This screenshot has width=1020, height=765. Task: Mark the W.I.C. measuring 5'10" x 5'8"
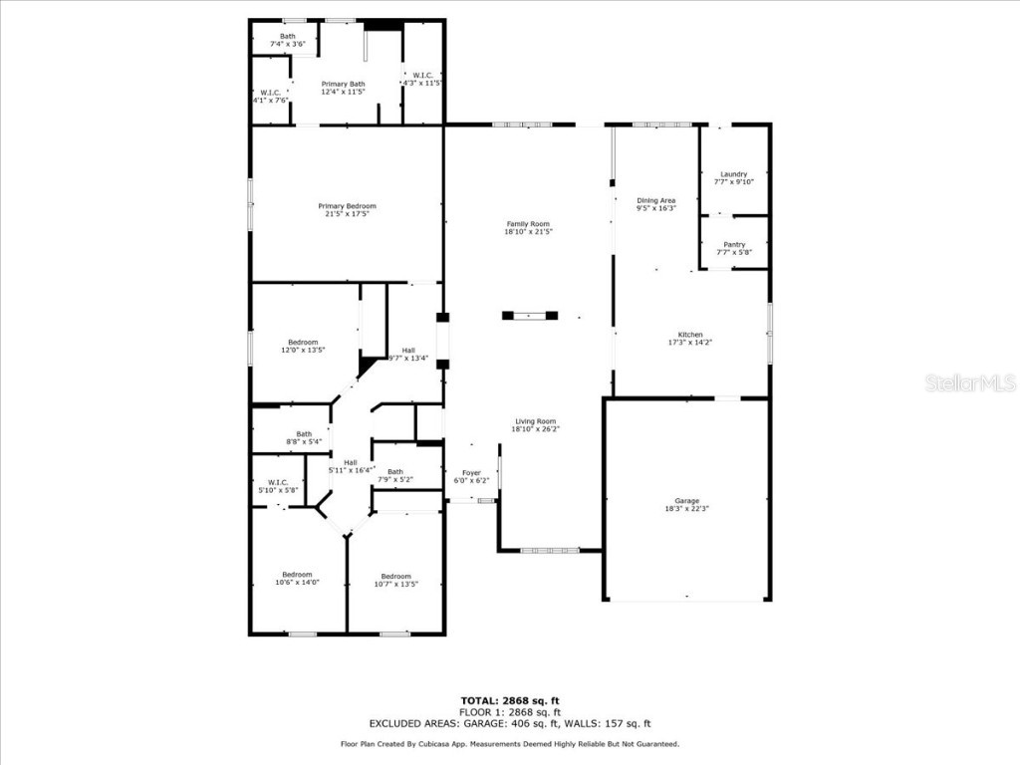[x=277, y=486]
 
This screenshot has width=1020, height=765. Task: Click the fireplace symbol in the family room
[x=529, y=316]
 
